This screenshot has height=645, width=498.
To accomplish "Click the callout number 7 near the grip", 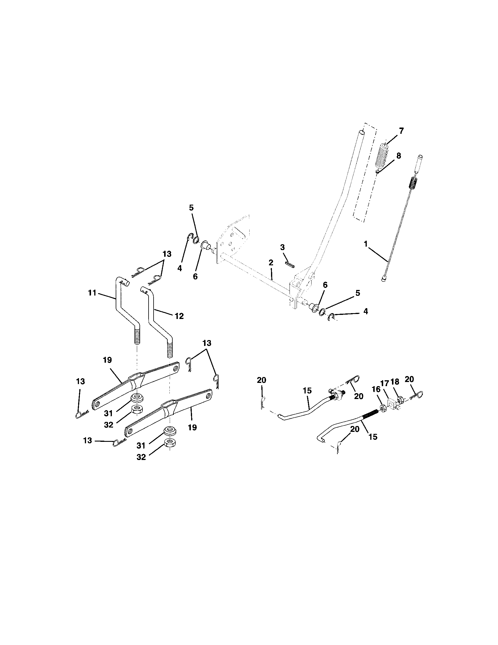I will pyautogui.click(x=401, y=131).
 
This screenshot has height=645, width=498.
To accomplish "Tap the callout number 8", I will pyautogui.click(x=399, y=156).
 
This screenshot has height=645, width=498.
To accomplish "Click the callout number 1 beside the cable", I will pyautogui.click(x=366, y=244).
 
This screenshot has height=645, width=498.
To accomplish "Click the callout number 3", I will pyautogui.click(x=282, y=247).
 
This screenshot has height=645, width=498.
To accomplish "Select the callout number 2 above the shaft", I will pyautogui.click(x=271, y=262).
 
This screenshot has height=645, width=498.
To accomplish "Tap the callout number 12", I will pyautogui.click(x=179, y=316).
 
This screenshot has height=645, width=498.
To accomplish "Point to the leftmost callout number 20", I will pyautogui.click(x=261, y=380).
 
